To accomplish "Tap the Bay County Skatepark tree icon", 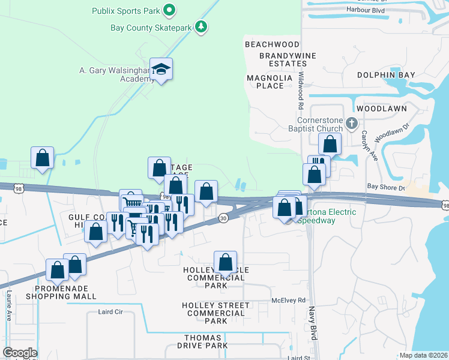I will click(x=202, y=27).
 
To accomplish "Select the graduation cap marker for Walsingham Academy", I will click(x=161, y=69).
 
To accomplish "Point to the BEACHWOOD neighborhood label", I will click(x=272, y=44).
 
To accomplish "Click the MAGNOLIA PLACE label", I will click(x=270, y=82).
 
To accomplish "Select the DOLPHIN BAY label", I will click(x=386, y=75).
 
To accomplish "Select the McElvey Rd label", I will click(x=289, y=300).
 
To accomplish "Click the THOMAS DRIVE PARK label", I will click(x=206, y=341).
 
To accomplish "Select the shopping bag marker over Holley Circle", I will click(x=225, y=262).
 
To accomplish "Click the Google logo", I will click(x=20, y=353).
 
